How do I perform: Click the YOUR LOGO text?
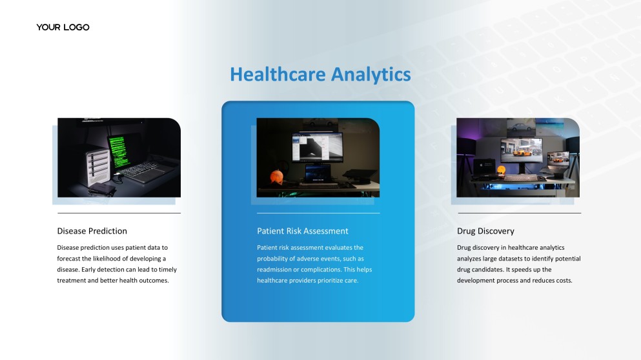coord(63,27)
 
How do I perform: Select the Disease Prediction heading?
coord(92,231)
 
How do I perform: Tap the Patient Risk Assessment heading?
coord(302,231)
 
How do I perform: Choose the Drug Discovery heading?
coord(485,231)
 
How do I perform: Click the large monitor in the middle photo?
coord(317,148)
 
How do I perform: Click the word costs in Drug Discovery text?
coord(563,281)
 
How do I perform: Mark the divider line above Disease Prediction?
coord(119,213)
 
